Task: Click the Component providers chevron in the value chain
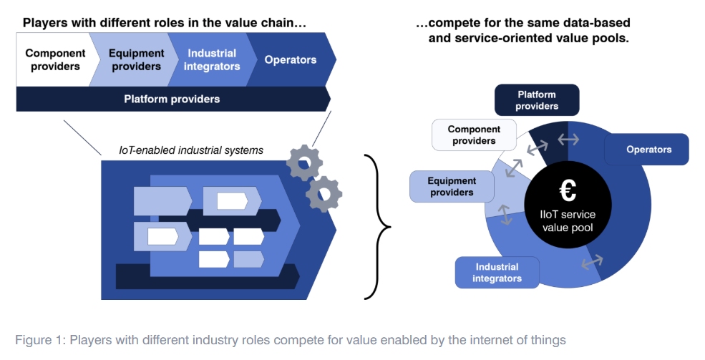pyautogui.click(x=55, y=59)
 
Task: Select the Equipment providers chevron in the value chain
pyautogui.click(x=135, y=59)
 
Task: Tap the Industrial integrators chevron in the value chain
pyautogui.click(x=213, y=59)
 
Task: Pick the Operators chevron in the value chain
pyautogui.click(x=291, y=59)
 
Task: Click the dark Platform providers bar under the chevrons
pyautogui.click(x=172, y=99)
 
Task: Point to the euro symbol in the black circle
pyautogui.click(x=568, y=191)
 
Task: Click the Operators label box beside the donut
pyautogui.click(x=648, y=150)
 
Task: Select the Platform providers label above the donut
pyautogui.click(x=537, y=100)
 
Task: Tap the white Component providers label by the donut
pyautogui.click(x=472, y=135)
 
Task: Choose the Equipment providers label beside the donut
pyautogui.click(x=452, y=187)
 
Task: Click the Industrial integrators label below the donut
pyautogui.click(x=497, y=272)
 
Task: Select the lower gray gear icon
pyautogui.click(x=324, y=193)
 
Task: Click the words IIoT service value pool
pyautogui.click(x=568, y=221)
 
